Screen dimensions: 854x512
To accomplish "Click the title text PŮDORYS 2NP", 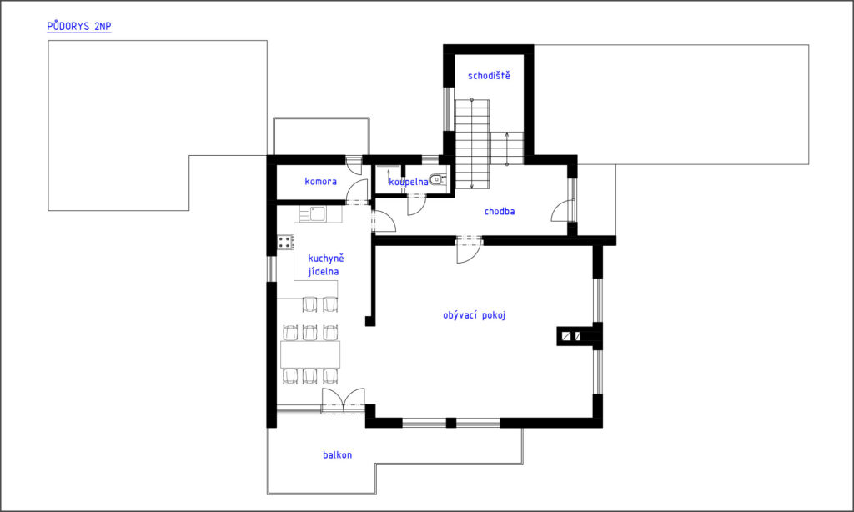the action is pos(79,26).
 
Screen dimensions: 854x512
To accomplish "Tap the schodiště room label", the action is pos(489,76).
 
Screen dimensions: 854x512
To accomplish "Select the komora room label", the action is pos(321,182).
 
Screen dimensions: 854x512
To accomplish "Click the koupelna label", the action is pos(409,182).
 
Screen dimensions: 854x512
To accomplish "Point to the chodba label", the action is pos(500,211).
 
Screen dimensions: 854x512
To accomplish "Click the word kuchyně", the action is pos(326,259).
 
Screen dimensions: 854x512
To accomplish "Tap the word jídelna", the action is pos(324,271).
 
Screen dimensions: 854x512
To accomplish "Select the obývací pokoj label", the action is pos(474,315).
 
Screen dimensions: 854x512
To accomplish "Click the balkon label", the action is pos(337,454).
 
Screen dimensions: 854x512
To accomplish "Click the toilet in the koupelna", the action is pos(437,178).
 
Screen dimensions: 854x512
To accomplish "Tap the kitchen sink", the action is pos(318,213).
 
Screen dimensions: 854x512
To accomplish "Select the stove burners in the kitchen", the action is pos(285,242).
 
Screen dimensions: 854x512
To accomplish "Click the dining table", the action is pos(310,354).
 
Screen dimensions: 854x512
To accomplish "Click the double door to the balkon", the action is pos(343,402).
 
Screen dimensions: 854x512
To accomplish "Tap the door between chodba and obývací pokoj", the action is pos(469,249).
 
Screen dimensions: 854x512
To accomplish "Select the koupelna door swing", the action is pos(417,205).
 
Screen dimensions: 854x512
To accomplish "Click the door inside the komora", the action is pos(357,191).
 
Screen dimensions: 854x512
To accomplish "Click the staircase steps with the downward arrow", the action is pos(472,144).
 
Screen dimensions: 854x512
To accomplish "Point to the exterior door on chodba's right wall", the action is pos(563,211).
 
